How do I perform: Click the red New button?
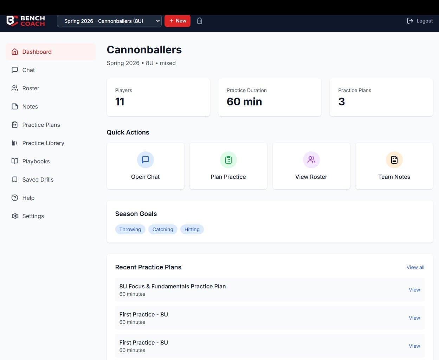177,21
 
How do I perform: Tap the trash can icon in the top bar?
200,21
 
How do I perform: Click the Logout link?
420,21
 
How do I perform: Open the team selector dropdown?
109,21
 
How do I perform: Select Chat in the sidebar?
28,70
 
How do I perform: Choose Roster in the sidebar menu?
31,88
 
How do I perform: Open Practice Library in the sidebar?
43,143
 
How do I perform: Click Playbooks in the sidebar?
36,161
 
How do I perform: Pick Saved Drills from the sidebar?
38,179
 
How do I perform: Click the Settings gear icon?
15,216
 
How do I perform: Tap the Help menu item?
28,198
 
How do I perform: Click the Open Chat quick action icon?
146,160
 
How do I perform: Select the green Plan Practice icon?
228,160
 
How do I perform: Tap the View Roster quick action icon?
311,160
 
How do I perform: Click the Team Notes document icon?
394,160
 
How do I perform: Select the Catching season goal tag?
163,229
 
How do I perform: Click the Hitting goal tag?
192,229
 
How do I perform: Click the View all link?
415,267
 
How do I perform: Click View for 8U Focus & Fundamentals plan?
414,290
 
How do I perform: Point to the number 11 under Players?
120,102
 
